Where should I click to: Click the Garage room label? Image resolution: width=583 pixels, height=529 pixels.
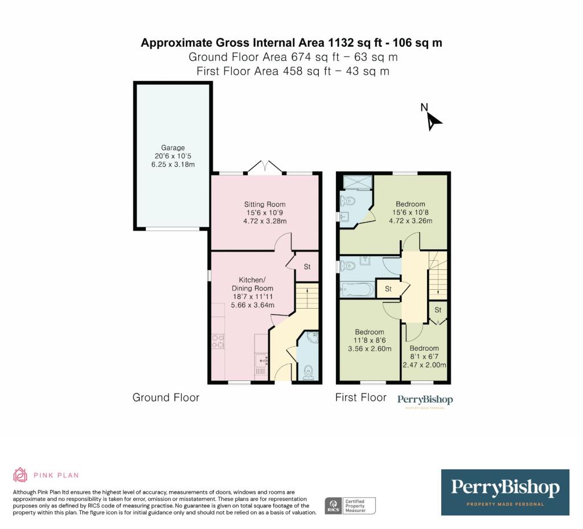(173, 147)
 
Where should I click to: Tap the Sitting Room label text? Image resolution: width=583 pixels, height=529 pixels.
(265, 204)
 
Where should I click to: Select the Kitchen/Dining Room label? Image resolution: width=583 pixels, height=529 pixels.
(252, 284)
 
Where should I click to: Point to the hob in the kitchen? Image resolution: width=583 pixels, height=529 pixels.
(218, 341)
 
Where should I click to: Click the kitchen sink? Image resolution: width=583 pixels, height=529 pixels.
(261, 360)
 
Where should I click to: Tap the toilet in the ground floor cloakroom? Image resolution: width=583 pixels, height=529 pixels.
(309, 372)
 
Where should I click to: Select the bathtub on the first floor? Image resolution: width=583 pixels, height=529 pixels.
(357, 290)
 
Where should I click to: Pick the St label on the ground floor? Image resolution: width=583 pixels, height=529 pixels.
(307, 266)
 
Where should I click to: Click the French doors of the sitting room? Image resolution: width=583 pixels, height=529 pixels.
(265, 167)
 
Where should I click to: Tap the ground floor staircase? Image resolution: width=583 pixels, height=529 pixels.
(307, 296)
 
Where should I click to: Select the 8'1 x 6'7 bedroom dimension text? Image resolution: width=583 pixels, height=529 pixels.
(424, 356)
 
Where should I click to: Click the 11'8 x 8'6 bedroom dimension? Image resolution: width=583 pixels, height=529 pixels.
(369, 340)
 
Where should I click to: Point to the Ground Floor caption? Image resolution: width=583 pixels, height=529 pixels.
(166, 397)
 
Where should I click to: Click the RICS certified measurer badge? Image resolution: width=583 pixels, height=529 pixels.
(350, 506)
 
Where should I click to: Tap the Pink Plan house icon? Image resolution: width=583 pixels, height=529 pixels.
(20, 475)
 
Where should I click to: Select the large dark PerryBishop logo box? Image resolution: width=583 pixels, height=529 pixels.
(506, 492)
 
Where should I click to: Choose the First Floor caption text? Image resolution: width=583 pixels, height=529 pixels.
(360, 397)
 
